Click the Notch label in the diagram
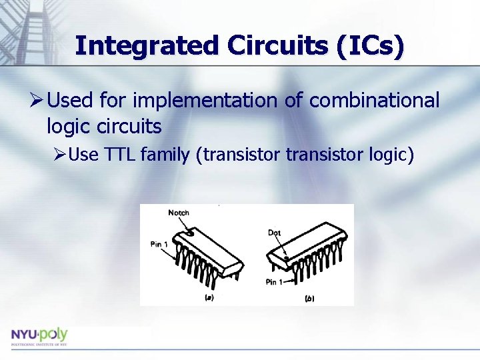(179, 213)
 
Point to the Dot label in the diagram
(274, 233)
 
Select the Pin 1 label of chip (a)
(159, 245)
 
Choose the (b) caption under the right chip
(309, 299)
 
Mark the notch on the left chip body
(191, 233)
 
